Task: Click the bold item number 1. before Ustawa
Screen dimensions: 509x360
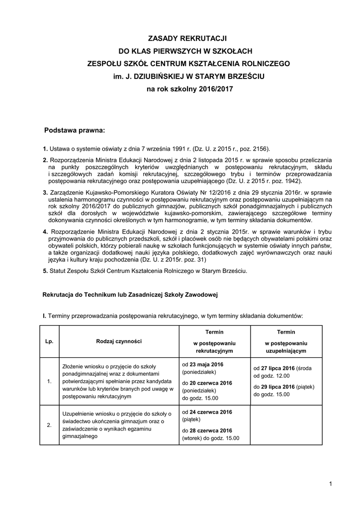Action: click(45, 148)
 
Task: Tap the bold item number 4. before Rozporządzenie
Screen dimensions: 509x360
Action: click(45, 232)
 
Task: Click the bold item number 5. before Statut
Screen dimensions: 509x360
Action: click(45, 271)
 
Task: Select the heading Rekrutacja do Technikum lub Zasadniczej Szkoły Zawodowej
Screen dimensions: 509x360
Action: click(130, 295)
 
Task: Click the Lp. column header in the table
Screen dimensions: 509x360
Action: click(49, 341)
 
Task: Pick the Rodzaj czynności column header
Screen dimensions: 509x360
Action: click(119, 341)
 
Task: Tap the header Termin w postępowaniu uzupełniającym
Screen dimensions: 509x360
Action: click(286, 341)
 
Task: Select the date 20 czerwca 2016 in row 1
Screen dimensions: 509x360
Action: click(211, 383)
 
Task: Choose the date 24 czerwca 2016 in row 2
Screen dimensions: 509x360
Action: click(211, 412)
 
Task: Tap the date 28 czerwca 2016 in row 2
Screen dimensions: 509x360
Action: click(211, 430)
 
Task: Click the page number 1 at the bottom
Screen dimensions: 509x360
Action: click(330, 484)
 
